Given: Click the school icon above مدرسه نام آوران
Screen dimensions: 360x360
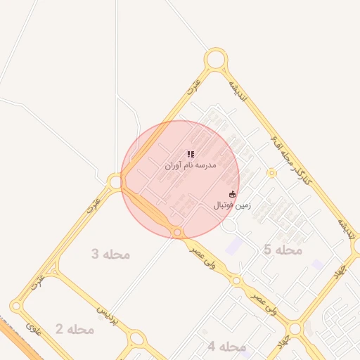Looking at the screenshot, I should (x=191, y=154).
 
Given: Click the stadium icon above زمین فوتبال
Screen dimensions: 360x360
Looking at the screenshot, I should (x=233, y=194).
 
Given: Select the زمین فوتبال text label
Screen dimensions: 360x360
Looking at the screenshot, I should (x=233, y=205).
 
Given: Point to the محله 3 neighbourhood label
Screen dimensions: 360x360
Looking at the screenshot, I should (x=110, y=254).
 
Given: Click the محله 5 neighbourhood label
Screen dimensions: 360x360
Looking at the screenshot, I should (x=283, y=250).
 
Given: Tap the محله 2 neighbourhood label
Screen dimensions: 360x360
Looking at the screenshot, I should (x=75, y=329).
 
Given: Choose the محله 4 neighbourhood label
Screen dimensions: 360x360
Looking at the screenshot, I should (x=227, y=346).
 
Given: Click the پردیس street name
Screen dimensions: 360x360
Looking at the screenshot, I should (x=103, y=309).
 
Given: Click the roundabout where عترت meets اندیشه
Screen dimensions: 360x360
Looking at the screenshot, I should (x=216, y=59).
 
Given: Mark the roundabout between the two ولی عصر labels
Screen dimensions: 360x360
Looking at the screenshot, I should (x=237, y=281).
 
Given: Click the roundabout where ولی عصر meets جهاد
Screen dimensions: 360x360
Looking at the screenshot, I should (x=295, y=328).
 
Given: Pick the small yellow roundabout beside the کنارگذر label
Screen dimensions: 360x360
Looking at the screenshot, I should (x=272, y=173).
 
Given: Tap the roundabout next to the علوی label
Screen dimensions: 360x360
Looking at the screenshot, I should (x=17, y=307).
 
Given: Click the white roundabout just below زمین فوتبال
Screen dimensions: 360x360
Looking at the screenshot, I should (x=229, y=226).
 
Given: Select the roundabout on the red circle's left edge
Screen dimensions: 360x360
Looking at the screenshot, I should (x=115, y=182).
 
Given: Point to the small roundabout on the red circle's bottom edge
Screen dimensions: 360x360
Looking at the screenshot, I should (x=178, y=232).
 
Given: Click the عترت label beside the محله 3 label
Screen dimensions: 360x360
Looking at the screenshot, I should (x=93, y=204).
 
